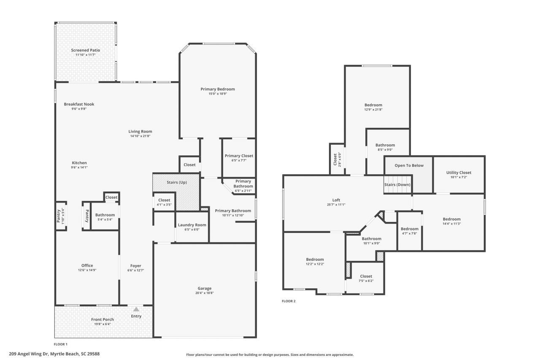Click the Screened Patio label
point(85,50)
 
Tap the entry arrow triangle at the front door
point(136,309)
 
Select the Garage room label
point(205,288)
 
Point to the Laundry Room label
point(192,225)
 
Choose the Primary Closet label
point(239,156)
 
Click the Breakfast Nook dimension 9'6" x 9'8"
point(79,109)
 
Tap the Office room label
point(87,265)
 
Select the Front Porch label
point(103,319)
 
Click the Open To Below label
point(409,165)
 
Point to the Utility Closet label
point(459,173)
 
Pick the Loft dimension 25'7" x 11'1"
point(336,205)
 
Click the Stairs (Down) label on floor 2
point(397,184)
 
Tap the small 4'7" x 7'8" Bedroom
point(409,231)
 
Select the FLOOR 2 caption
point(289,301)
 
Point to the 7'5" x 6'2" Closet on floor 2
point(366,279)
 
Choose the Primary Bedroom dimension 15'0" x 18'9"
point(217,94)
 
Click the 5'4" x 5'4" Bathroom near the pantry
point(105,217)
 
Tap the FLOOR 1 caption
point(61,344)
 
